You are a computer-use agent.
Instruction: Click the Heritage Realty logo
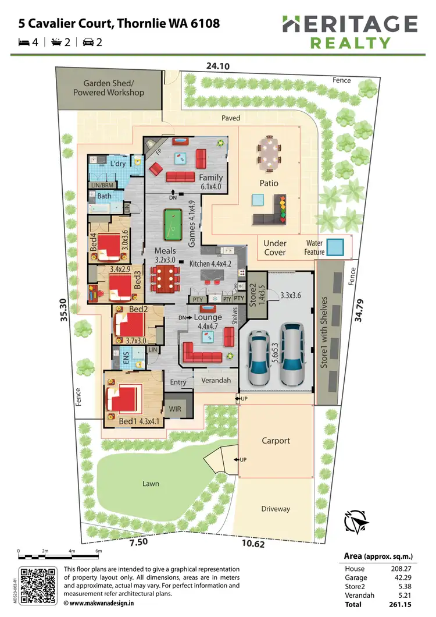click(350, 32)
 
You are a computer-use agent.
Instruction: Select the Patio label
click(269, 183)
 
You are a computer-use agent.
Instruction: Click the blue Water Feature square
click(334, 247)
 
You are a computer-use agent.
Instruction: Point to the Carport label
click(276, 441)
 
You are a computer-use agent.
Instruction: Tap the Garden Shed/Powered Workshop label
click(109, 88)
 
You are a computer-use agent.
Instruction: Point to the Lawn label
click(151, 484)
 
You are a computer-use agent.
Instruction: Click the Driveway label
click(276, 509)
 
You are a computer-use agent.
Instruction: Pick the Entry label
click(178, 382)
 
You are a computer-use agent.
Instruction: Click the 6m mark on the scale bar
click(99, 551)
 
